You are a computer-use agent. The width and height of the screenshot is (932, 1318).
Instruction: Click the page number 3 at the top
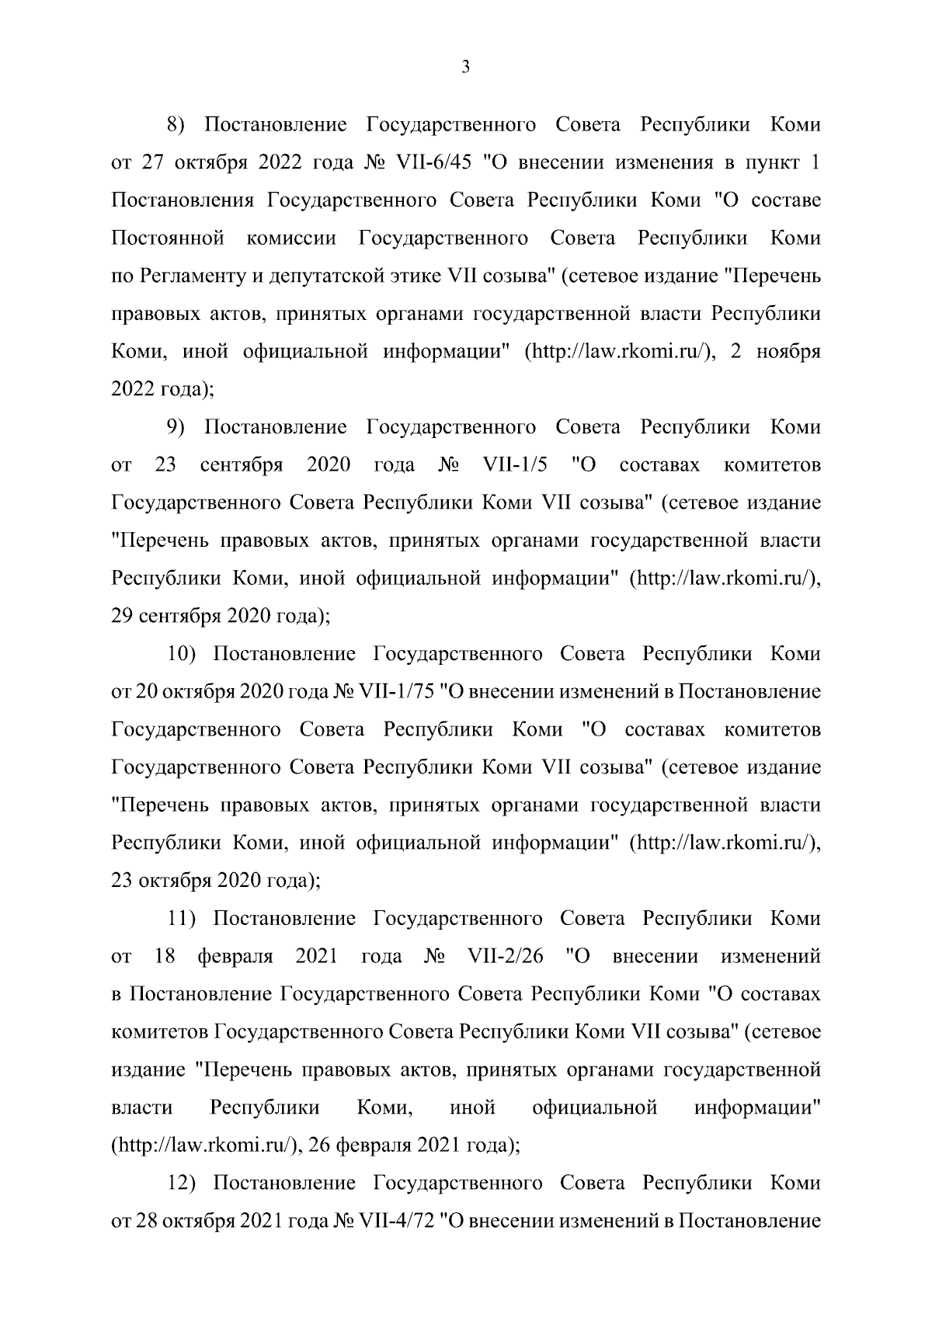click(465, 68)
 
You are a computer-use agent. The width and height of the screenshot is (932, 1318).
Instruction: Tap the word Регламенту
click(192, 276)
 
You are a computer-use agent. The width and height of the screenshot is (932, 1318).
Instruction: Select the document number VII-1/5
click(515, 465)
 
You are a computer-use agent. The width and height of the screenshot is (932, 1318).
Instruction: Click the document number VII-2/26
click(505, 957)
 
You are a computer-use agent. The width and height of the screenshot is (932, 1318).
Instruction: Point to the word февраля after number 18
click(235, 957)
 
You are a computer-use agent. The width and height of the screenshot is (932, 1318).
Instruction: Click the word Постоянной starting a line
click(169, 238)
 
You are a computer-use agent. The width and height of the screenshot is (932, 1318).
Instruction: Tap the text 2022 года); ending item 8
click(162, 389)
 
